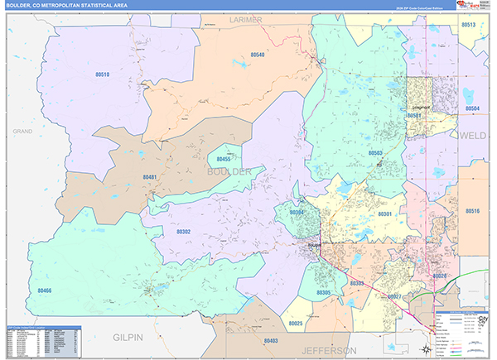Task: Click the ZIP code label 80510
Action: pyautogui.click(x=102, y=74)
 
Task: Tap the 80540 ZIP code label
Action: pyautogui.click(x=257, y=55)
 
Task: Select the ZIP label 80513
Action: pyautogui.click(x=469, y=25)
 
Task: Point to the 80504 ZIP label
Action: pyautogui.click(x=472, y=108)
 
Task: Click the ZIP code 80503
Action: pyautogui.click(x=375, y=152)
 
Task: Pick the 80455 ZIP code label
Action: pyautogui.click(x=224, y=158)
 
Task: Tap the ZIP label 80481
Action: pyautogui.click(x=150, y=176)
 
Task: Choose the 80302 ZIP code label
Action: pyautogui.click(x=183, y=232)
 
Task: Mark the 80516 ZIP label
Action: pyautogui.click(x=472, y=211)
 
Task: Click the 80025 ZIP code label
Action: pyautogui.click(x=296, y=323)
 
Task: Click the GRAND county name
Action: pyautogui.click(x=22, y=131)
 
